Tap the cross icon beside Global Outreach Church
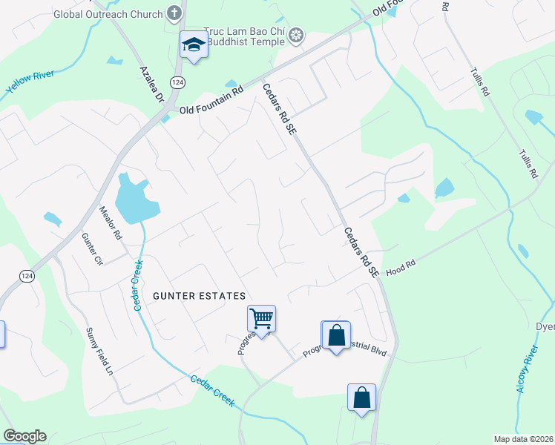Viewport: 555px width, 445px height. [174, 13]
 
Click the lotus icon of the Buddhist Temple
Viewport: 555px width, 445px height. [295, 35]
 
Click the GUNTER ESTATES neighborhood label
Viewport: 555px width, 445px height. [199, 296]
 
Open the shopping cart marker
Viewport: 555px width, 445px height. [261, 319]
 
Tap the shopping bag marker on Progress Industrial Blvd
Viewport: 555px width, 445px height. [336, 334]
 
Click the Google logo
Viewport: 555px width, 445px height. [24, 436]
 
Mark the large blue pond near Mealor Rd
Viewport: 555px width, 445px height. [136, 200]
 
